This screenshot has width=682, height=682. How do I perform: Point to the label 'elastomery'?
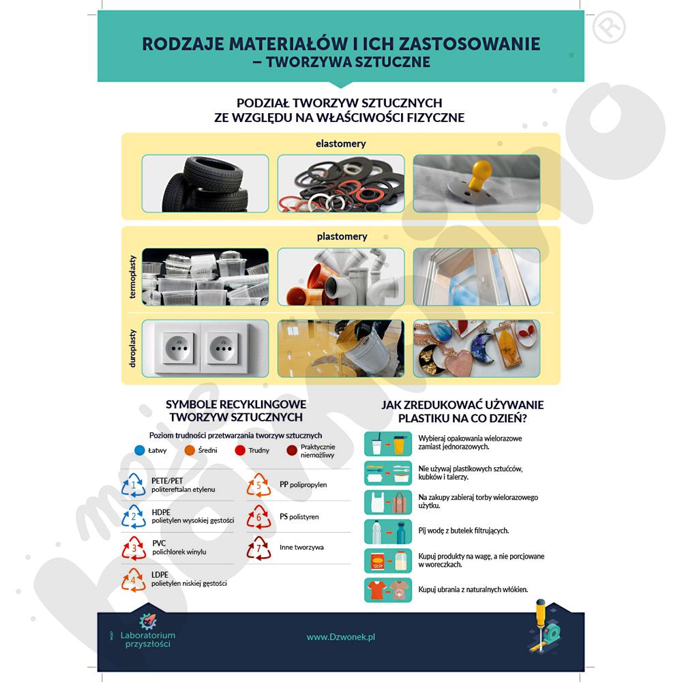point(340,144)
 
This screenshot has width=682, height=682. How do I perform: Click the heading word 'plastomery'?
point(342,237)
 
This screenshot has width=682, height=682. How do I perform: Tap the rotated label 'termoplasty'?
point(132,276)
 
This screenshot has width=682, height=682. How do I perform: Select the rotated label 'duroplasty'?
point(132,349)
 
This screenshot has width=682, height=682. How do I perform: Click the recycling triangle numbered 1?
point(134,486)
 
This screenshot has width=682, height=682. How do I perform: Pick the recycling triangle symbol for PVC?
point(134,548)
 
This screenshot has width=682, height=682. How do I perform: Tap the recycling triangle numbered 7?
point(258,547)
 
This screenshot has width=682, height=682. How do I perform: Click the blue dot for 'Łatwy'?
point(139,450)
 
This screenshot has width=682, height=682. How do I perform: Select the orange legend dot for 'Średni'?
point(190,450)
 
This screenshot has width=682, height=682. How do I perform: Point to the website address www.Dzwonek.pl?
point(341,636)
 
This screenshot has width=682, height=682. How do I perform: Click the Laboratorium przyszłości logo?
point(147,631)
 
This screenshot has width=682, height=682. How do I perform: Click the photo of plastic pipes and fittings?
point(340,276)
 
